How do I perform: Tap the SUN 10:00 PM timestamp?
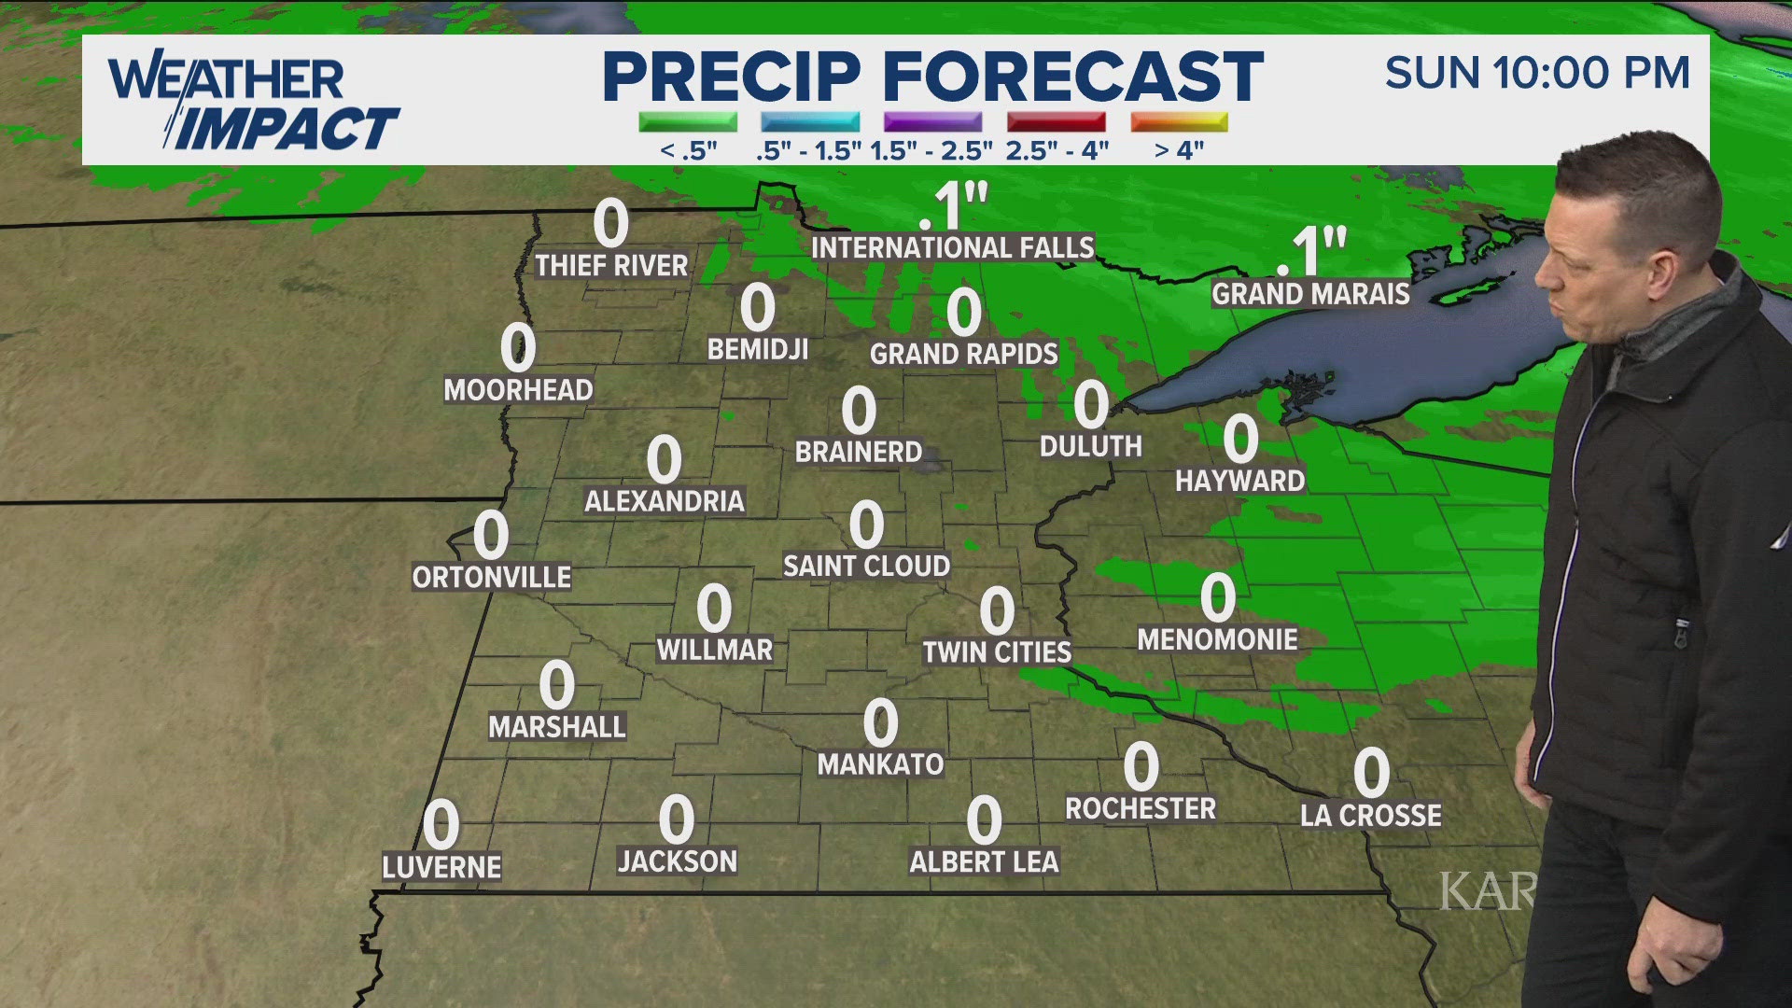point(1537,73)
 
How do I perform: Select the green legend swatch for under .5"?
point(688,122)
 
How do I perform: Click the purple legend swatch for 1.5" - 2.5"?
point(932,122)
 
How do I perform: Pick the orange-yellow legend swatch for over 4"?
point(1179,122)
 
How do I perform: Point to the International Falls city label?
point(952,247)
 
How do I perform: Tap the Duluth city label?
point(1091,446)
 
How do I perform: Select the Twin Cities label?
point(997,651)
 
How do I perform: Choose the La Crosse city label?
point(1371,815)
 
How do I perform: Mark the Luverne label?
point(441,867)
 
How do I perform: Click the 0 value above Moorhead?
point(518,347)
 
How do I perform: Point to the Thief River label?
point(611,265)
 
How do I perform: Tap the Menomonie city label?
point(1217,639)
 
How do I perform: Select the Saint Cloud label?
point(866,566)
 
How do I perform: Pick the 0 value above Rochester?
point(1141,766)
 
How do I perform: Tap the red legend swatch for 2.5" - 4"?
point(1056,122)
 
